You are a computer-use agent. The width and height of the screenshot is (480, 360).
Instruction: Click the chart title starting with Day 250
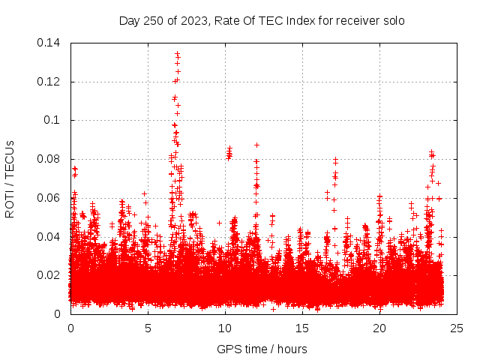[262, 20]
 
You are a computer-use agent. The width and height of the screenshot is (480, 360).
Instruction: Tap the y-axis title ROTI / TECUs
[10, 178]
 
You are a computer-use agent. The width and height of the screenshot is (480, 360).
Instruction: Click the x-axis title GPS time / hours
[262, 349]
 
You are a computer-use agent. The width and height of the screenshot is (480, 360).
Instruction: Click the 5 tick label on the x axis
[148, 328]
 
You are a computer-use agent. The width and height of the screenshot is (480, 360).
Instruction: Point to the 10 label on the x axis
[225, 328]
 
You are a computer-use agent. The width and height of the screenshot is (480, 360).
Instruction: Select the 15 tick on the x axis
[302, 328]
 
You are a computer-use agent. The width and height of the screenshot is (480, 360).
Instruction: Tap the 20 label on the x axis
[379, 328]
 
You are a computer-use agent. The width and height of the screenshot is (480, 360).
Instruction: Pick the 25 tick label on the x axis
[457, 328]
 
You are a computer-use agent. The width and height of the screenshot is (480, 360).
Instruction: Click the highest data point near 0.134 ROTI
[177, 53]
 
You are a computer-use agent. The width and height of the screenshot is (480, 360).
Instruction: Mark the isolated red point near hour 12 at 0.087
[256, 145]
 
